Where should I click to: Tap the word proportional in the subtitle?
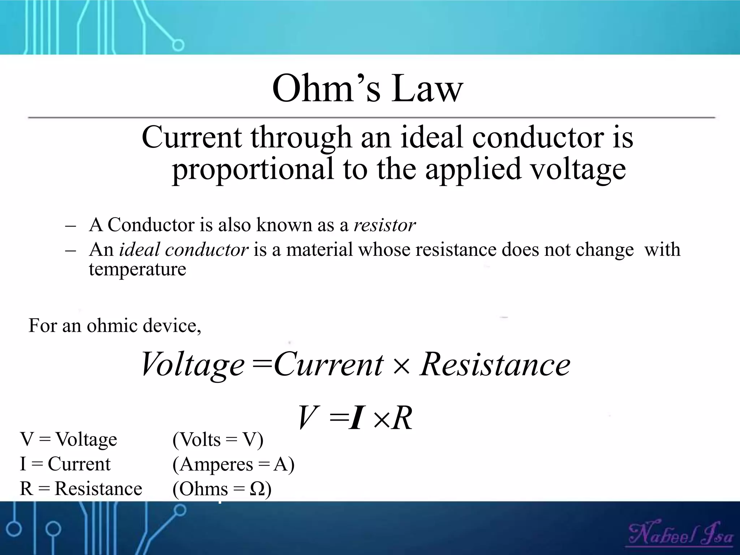point(253,169)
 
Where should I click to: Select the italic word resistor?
point(384,225)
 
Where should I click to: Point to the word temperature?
point(137,269)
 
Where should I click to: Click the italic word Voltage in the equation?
point(193,364)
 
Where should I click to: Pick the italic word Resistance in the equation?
point(495,364)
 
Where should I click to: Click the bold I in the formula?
point(356,418)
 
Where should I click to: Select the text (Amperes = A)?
point(233,464)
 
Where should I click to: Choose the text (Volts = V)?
point(218,440)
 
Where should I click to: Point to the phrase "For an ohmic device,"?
point(115,326)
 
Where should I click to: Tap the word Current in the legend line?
point(79,464)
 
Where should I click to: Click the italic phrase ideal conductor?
point(184,250)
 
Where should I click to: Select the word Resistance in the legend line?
point(98,489)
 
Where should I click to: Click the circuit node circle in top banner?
point(178,46)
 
